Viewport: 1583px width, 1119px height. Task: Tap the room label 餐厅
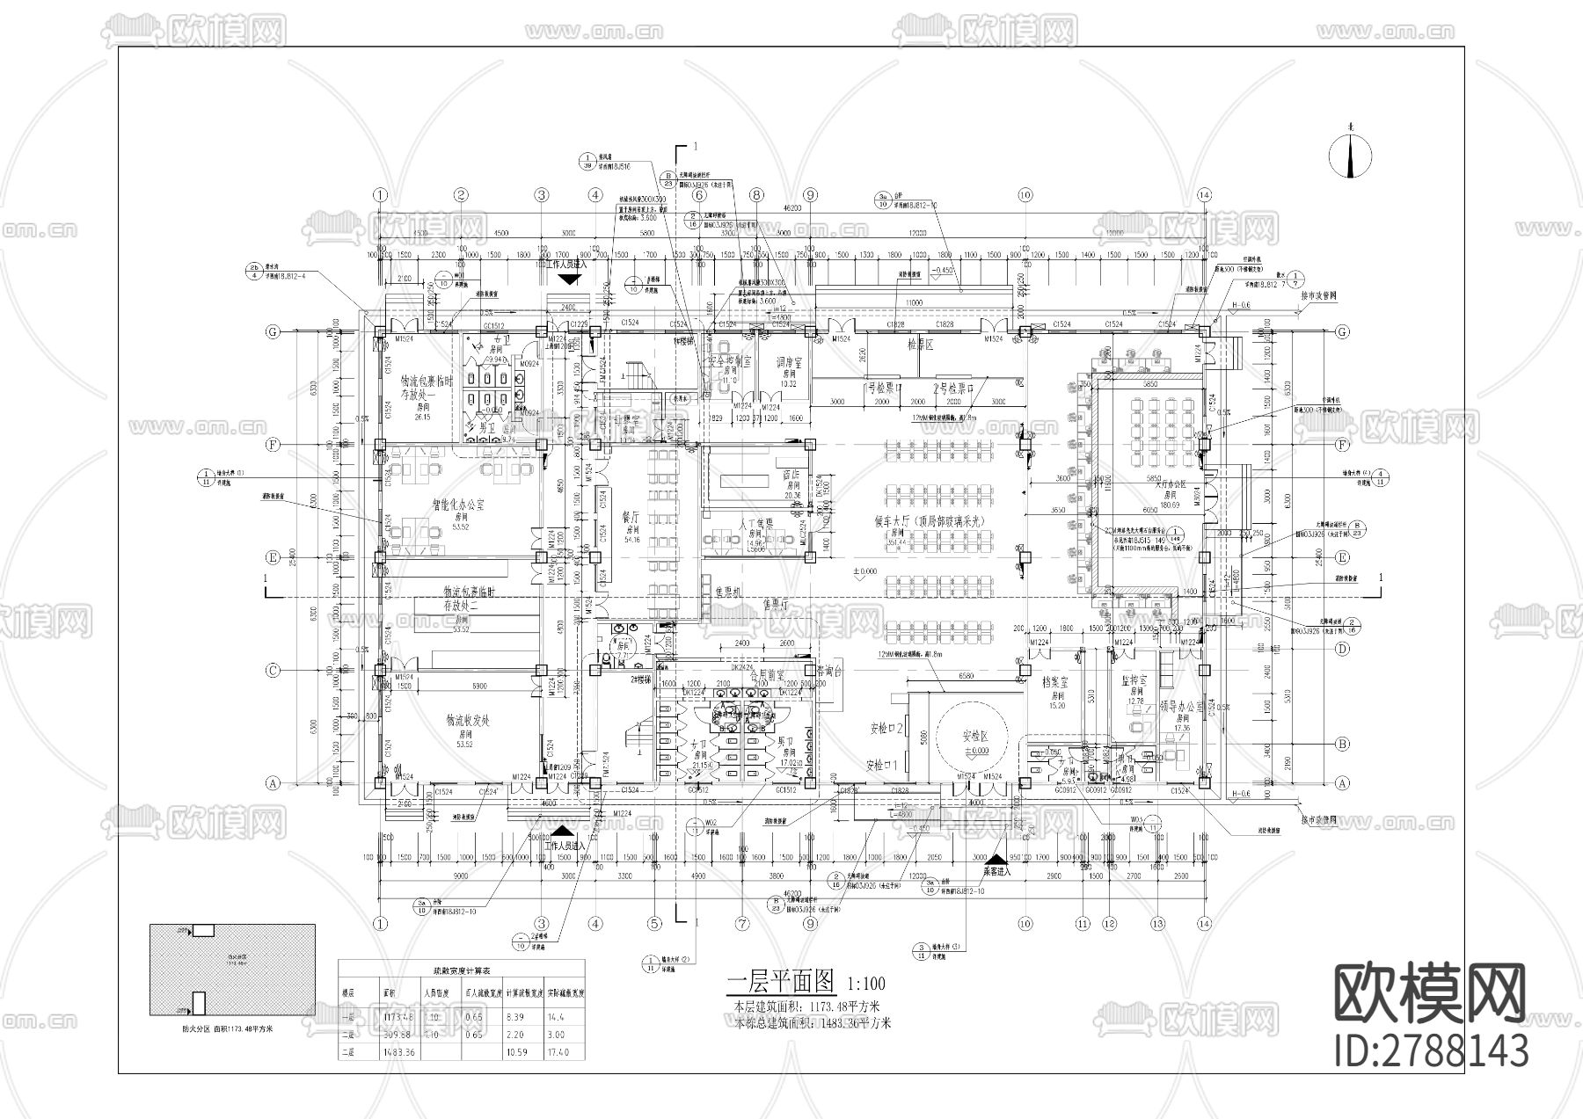(x=631, y=519)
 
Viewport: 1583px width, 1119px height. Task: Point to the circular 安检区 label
(x=975, y=735)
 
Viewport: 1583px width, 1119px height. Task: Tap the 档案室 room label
(x=1054, y=682)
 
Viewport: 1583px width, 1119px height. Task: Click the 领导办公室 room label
(x=1180, y=707)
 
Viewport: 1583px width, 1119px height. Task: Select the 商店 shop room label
(x=792, y=473)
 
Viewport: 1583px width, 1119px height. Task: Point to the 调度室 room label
(x=788, y=360)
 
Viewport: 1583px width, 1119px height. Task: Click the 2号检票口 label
(x=952, y=387)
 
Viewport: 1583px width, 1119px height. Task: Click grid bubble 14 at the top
(x=1204, y=194)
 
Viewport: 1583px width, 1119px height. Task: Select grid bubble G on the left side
(x=274, y=332)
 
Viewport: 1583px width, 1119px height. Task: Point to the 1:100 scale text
(x=865, y=984)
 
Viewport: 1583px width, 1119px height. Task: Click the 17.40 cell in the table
(x=558, y=1052)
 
